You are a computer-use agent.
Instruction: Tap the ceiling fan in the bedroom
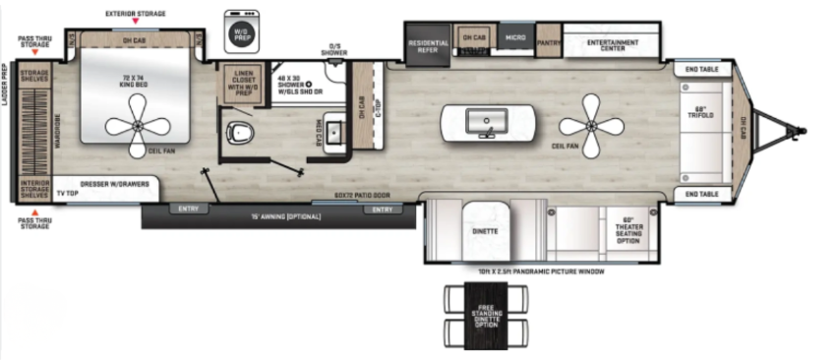[x=137, y=126]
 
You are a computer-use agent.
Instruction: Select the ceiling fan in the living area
[x=590, y=122]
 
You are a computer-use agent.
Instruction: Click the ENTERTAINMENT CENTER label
[x=613, y=44]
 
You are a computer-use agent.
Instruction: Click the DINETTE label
[x=485, y=231]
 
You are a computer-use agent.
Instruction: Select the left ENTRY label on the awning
[x=186, y=209]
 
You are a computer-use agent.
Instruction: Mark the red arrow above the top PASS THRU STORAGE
[x=34, y=50]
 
